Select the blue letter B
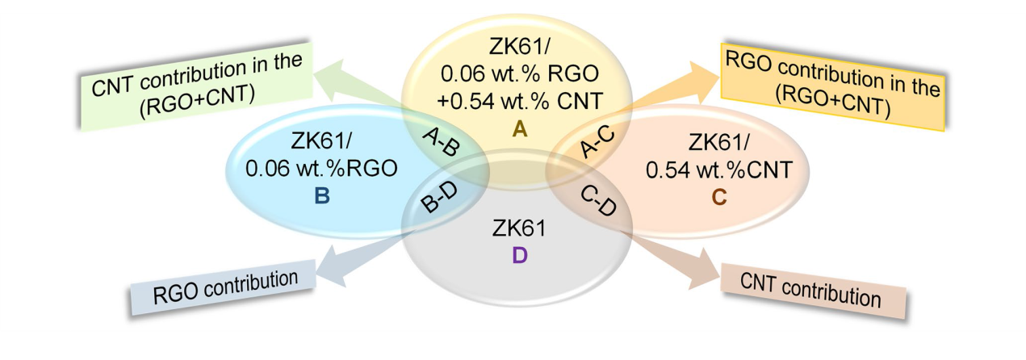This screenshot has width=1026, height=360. (x=322, y=196)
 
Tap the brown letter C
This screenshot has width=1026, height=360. (x=719, y=198)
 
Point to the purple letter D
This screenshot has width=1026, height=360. (x=519, y=255)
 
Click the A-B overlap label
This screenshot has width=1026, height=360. (x=441, y=141)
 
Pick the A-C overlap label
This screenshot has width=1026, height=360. (x=597, y=141)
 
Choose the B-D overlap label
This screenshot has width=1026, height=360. (x=439, y=198)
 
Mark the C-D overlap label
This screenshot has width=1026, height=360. (x=598, y=201)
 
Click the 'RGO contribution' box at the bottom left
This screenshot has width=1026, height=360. (x=223, y=288)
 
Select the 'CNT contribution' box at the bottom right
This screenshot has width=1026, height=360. (x=813, y=291)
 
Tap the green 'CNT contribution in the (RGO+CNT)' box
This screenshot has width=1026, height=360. (x=196, y=86)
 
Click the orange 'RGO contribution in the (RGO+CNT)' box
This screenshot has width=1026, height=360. (x=833, y=86)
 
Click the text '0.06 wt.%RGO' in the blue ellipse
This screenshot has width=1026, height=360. (x=321, y=169)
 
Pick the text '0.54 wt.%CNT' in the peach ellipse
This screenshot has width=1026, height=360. (x=719, y=170)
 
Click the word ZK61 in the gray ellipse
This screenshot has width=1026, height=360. (x=519, y=228)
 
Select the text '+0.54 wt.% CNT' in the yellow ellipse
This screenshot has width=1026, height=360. (x=519, y=101)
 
